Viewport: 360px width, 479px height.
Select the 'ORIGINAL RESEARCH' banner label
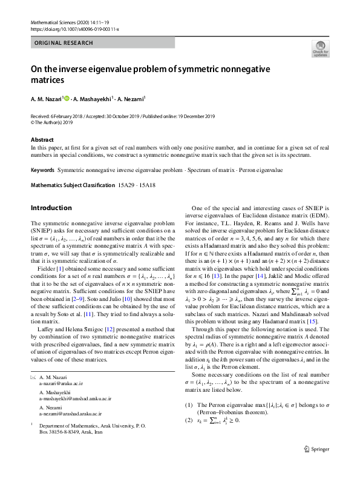tap(64, 43)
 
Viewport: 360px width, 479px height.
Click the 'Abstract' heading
tap(42, 140)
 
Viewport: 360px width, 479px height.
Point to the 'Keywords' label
tap(42, 171)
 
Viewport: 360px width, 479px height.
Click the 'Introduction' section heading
tap(51, 208)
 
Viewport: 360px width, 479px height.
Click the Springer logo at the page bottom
tap(316, 466)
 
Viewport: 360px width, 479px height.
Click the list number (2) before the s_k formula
tap(189, 437)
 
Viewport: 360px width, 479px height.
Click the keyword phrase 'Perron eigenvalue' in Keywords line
tap(260, 171)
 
